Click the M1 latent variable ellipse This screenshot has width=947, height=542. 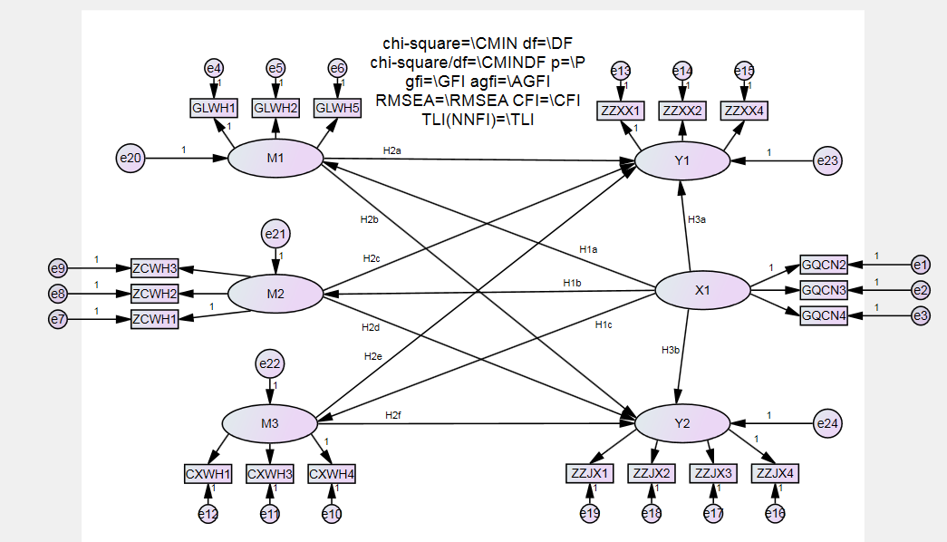(x=275, y=159)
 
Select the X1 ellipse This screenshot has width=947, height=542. (x=702, y=291)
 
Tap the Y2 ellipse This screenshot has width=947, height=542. (x=682, y=423)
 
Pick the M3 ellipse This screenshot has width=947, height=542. (x=270, y=423)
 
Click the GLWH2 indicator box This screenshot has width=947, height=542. (x=275, y=108)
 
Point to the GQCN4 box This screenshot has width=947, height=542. (x=823, y=315)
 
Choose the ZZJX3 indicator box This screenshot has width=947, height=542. (x=713, y=473)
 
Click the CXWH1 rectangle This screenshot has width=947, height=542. (x=208, y=474)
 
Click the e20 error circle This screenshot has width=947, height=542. (x=130, y=159)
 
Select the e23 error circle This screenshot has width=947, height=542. (x=827, y=161)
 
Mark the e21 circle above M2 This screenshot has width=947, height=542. (x=276, y=235)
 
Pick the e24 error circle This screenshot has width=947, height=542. (x=827, y=423)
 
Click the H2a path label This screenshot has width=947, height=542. (x=391, y=150)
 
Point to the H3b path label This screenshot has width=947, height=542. (x=671, y=350)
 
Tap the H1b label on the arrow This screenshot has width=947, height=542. (x=572, y=283)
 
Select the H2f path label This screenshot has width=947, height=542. (x=392, y=415)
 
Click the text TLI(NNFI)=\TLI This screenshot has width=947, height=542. (x=478, y=118)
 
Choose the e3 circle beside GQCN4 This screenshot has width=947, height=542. (x=921, y=315)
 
